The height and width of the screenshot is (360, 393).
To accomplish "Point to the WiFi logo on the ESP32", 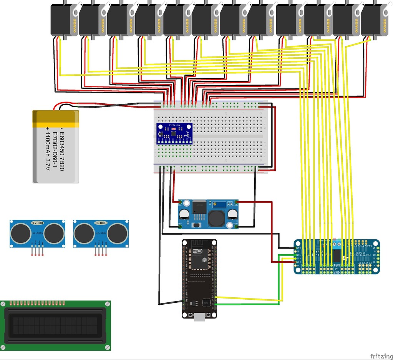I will pyautogui.click(x=197, y=251).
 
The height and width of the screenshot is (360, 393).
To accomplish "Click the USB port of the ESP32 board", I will pyautogui.click(x=199, y=316).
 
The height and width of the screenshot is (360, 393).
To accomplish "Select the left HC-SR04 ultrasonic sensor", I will pyautogui.click(x=37, y=233).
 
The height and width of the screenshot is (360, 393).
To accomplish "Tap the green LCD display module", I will pyautogui.click(x=55, y=325).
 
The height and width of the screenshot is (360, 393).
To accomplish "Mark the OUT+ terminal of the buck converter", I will pyautogui.click(x=236, y=202).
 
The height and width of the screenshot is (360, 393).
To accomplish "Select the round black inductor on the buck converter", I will pyautogui.click(x=216, y=218).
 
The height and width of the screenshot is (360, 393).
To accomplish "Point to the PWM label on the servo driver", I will pyautogui.click(x=337, y=265).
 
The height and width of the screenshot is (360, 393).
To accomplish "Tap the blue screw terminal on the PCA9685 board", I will pyautogui.click(x=337, y=243).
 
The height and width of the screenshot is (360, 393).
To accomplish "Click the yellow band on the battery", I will pyautogui.click(x=56, y=119).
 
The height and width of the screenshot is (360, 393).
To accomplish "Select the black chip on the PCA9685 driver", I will pyautogui.click(x=337, y=255).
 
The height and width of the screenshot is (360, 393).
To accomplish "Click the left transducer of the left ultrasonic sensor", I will pyautogui.click(x=20, y=233).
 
